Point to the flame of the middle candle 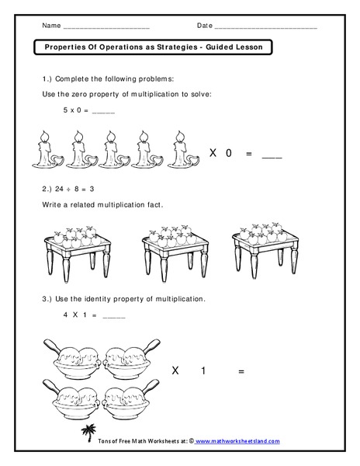112,134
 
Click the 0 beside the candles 229,154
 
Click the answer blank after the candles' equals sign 272,156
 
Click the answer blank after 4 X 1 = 113,315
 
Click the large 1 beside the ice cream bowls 203,371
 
